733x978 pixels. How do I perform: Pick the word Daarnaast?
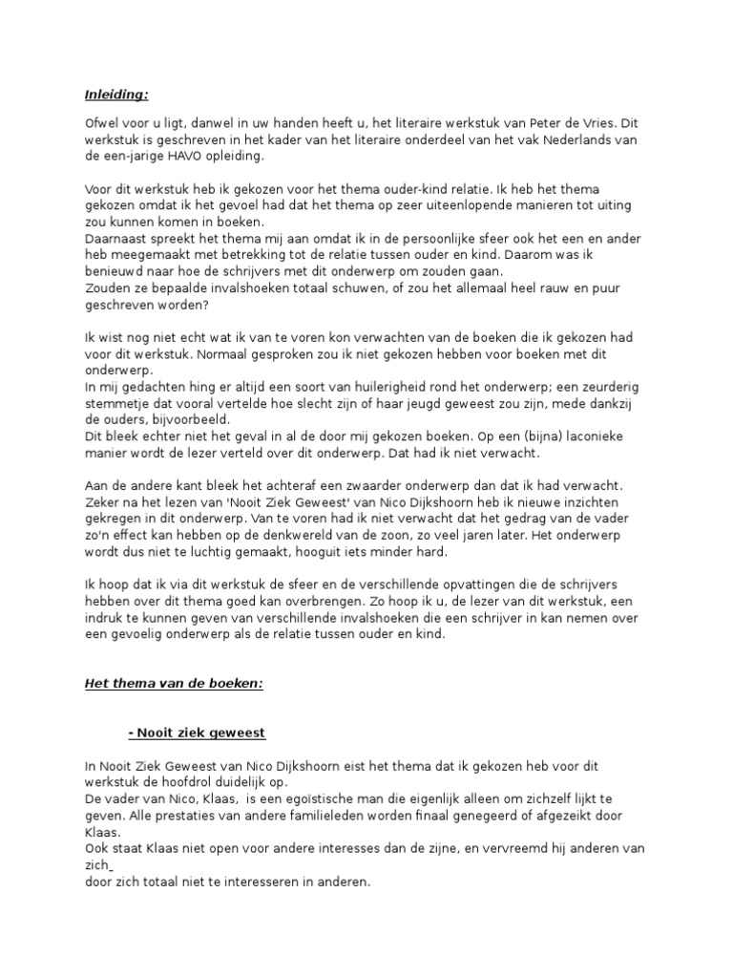pos(115,238)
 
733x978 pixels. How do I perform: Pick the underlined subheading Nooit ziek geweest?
pos(197,733)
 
